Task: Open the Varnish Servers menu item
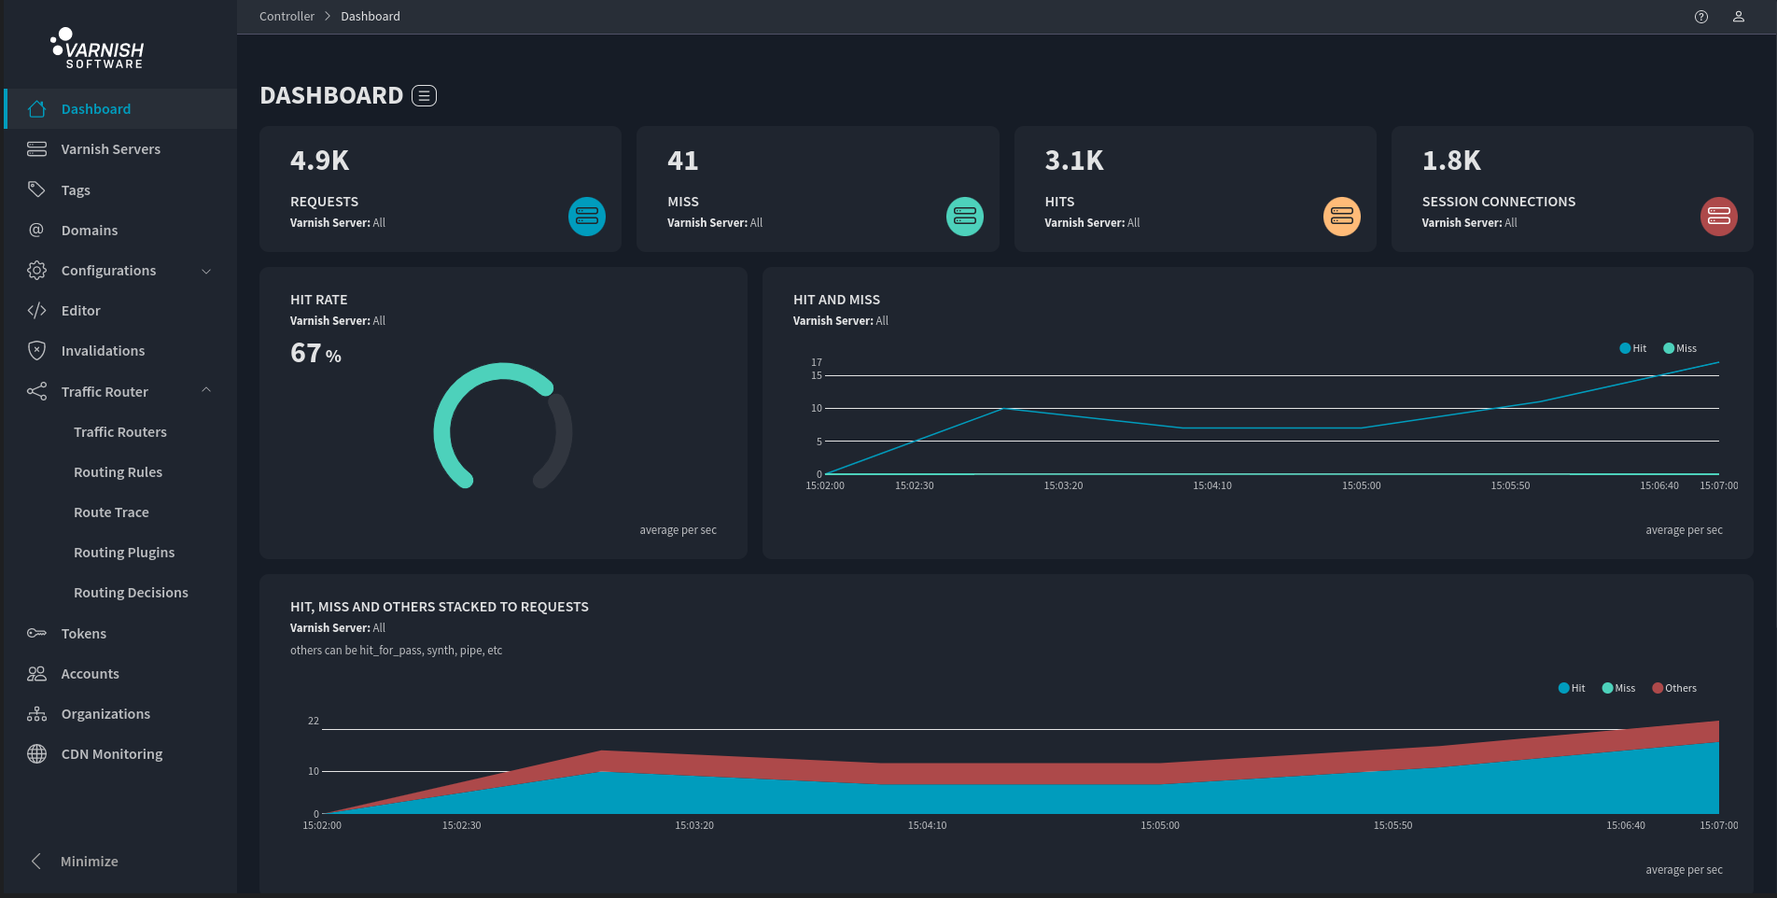(110, 149)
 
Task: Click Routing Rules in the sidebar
(118, 472)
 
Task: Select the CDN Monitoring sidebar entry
(111, 754)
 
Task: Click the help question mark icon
(1701, 17)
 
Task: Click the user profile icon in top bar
(1739, 17)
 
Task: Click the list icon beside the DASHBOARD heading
(424, 96)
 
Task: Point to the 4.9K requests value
(319, 161)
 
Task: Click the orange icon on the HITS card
(1341, 217)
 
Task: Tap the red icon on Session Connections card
(1718, 217)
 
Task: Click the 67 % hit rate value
(315, 354)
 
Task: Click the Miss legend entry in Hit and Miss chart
(1680, 348)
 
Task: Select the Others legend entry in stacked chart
(1674, 688)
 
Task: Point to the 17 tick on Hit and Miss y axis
(817, 362)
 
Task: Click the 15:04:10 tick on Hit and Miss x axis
(1211, 485)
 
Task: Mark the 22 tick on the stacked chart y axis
(314, 721)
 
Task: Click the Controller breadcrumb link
(287, 17)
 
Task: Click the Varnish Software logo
(97, 49)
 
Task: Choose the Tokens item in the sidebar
(83, 634)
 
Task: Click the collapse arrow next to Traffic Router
(206, 390)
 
